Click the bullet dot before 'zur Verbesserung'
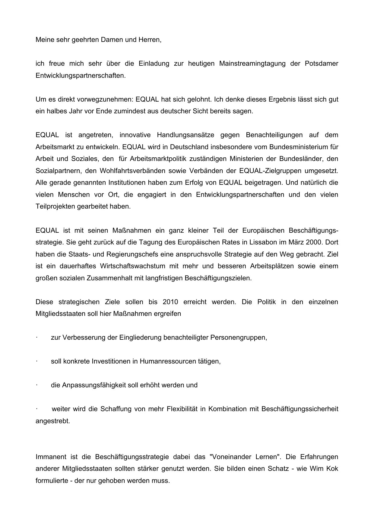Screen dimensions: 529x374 (x=36, y=338)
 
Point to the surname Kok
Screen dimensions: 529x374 (x=332, y=469)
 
